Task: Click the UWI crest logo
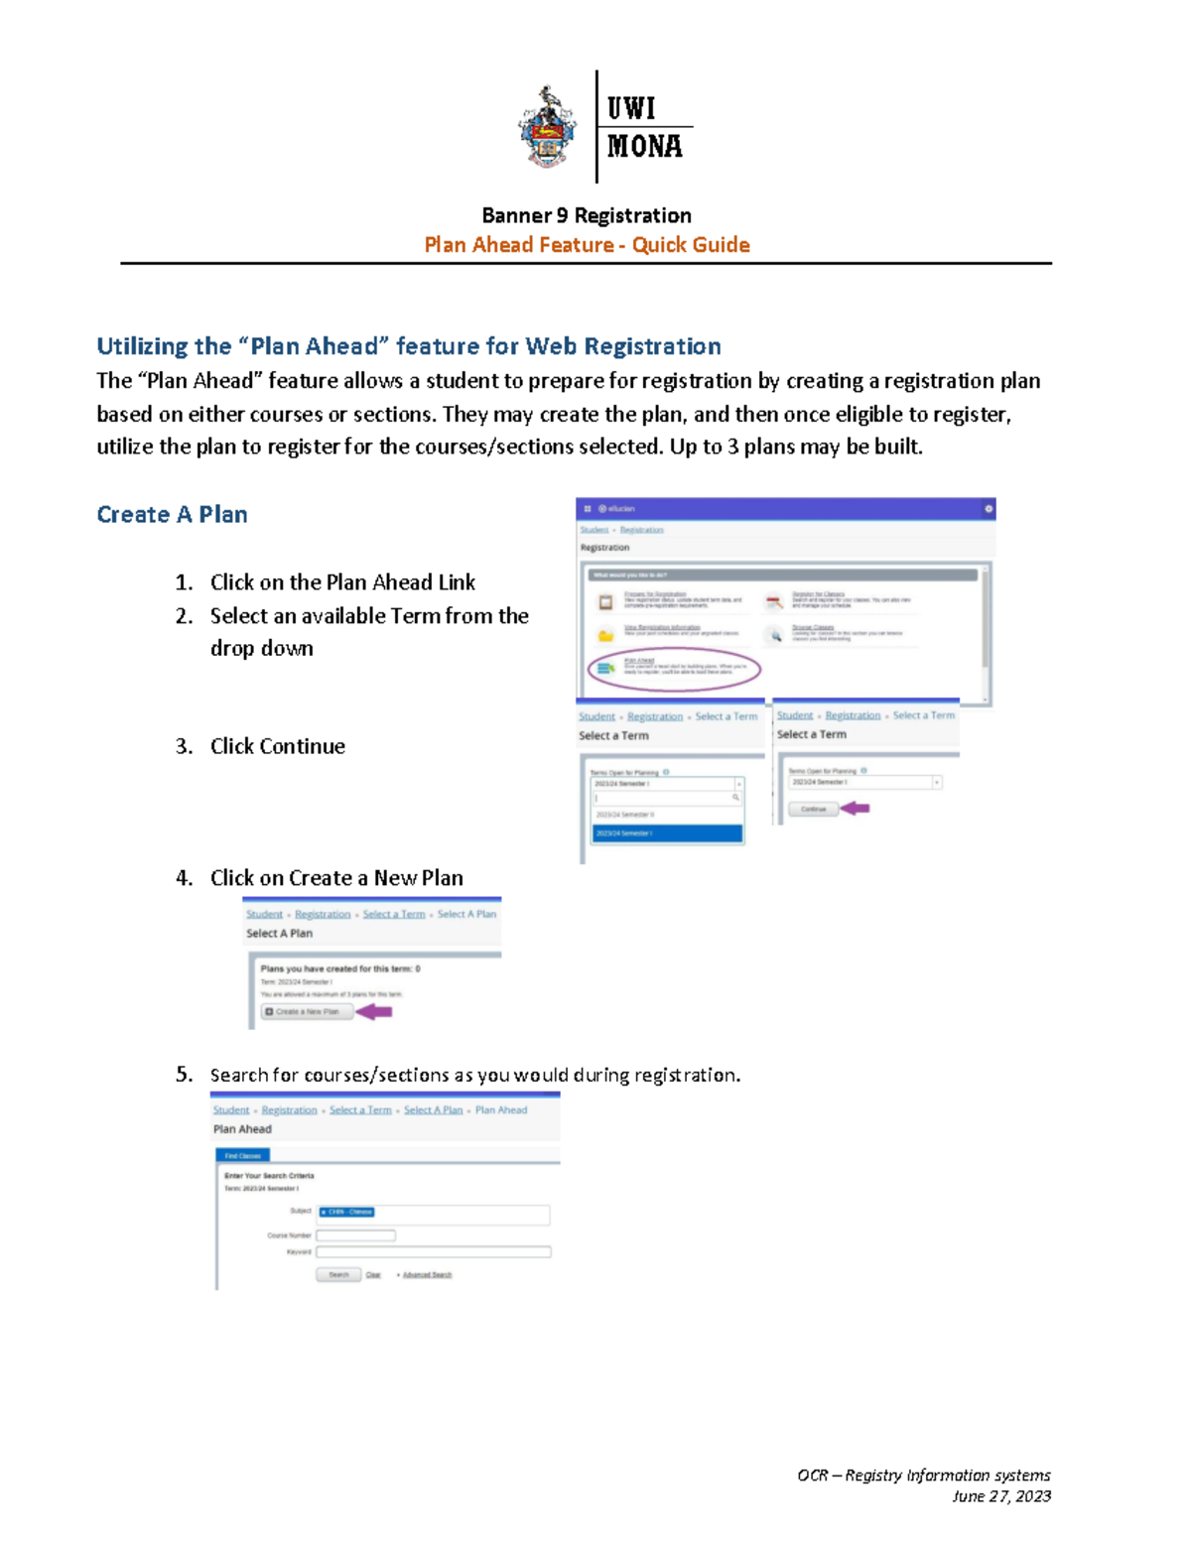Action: pos(547,127)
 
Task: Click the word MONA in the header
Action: pos(644,147)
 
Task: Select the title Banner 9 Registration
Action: pos(586,215)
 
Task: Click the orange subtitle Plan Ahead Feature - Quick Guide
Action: pos(586,245)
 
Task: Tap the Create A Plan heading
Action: pos(172,514)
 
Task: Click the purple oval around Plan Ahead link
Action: pos(674,669)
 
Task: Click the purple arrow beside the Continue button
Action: pos(856,809)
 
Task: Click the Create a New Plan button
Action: pos(307,1011)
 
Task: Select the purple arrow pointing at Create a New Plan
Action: pos(375,1011)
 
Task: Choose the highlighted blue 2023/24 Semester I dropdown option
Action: pos(667,834)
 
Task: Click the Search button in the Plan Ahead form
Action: pos(338,1275)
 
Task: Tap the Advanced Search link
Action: pos(427,1275)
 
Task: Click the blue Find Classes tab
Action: pos(242,1156)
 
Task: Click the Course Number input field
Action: pos(355,1235)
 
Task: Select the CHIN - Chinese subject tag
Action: pos(347,1212)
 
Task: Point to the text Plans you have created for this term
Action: pos(339,968)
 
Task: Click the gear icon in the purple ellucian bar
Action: pos(988,508)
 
